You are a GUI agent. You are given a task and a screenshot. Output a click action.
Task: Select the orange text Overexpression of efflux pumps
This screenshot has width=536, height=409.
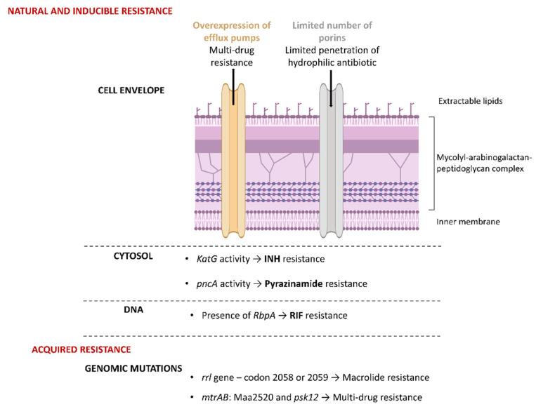tap(232, 32)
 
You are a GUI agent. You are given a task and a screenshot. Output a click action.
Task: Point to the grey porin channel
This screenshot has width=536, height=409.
tap(331, 161)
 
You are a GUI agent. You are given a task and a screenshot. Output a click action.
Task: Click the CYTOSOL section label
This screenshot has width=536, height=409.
tap(133, 257)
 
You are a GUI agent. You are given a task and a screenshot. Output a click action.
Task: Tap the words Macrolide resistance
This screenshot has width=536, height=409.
tap(394, 377)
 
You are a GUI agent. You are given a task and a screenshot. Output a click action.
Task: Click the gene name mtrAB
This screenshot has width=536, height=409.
tap(207, 398)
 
